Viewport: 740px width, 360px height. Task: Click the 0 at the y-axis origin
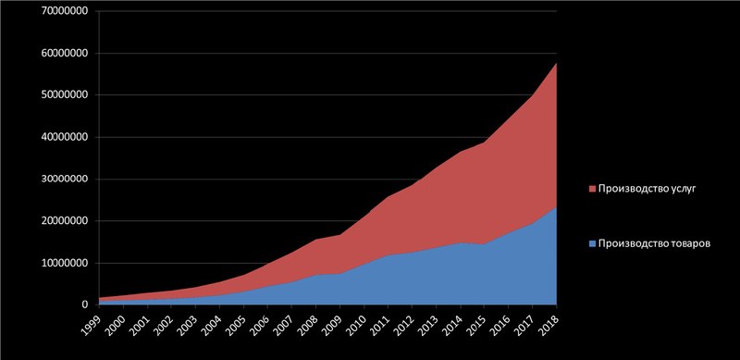click(x=85, y=305)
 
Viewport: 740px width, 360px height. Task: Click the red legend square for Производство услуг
click(x=593, y=189)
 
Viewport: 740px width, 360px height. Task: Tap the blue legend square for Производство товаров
click(x=593, y=244)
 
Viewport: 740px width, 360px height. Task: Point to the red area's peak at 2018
click(x=557, y=63)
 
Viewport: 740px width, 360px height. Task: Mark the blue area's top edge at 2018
click(x=557, y=207)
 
